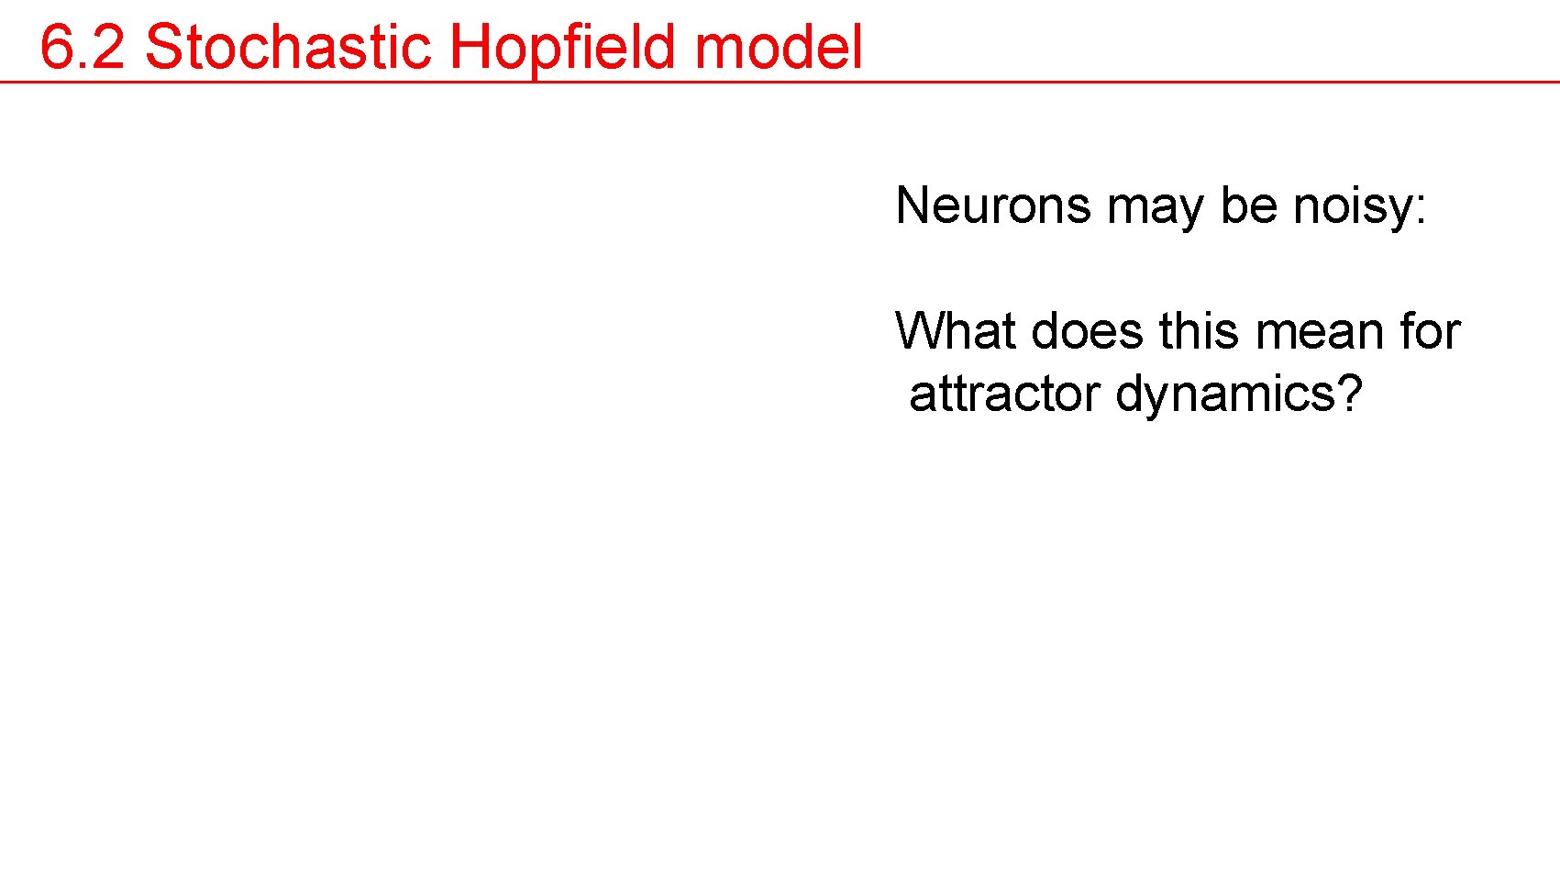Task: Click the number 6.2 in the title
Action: pos(83,47)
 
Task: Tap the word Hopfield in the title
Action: pos(563,49)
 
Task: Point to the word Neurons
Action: pos(993,206)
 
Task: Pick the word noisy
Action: pos(1352,207)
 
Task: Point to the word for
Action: pos(1430,331)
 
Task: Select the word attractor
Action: pos(1003,395)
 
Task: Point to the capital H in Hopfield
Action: pos(470,47)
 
